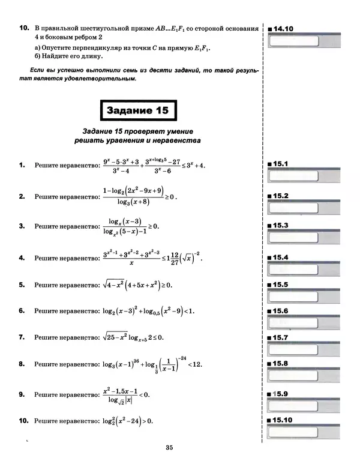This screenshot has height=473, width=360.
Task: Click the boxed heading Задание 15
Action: (x=137, y=111)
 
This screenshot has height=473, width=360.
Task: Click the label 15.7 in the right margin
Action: (x=281, y=339)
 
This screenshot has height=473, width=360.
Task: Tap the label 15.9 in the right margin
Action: (x=281, y=394)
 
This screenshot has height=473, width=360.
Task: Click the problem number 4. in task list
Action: (x=22, y=258)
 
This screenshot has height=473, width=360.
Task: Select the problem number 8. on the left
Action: (x=22, y=364)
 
